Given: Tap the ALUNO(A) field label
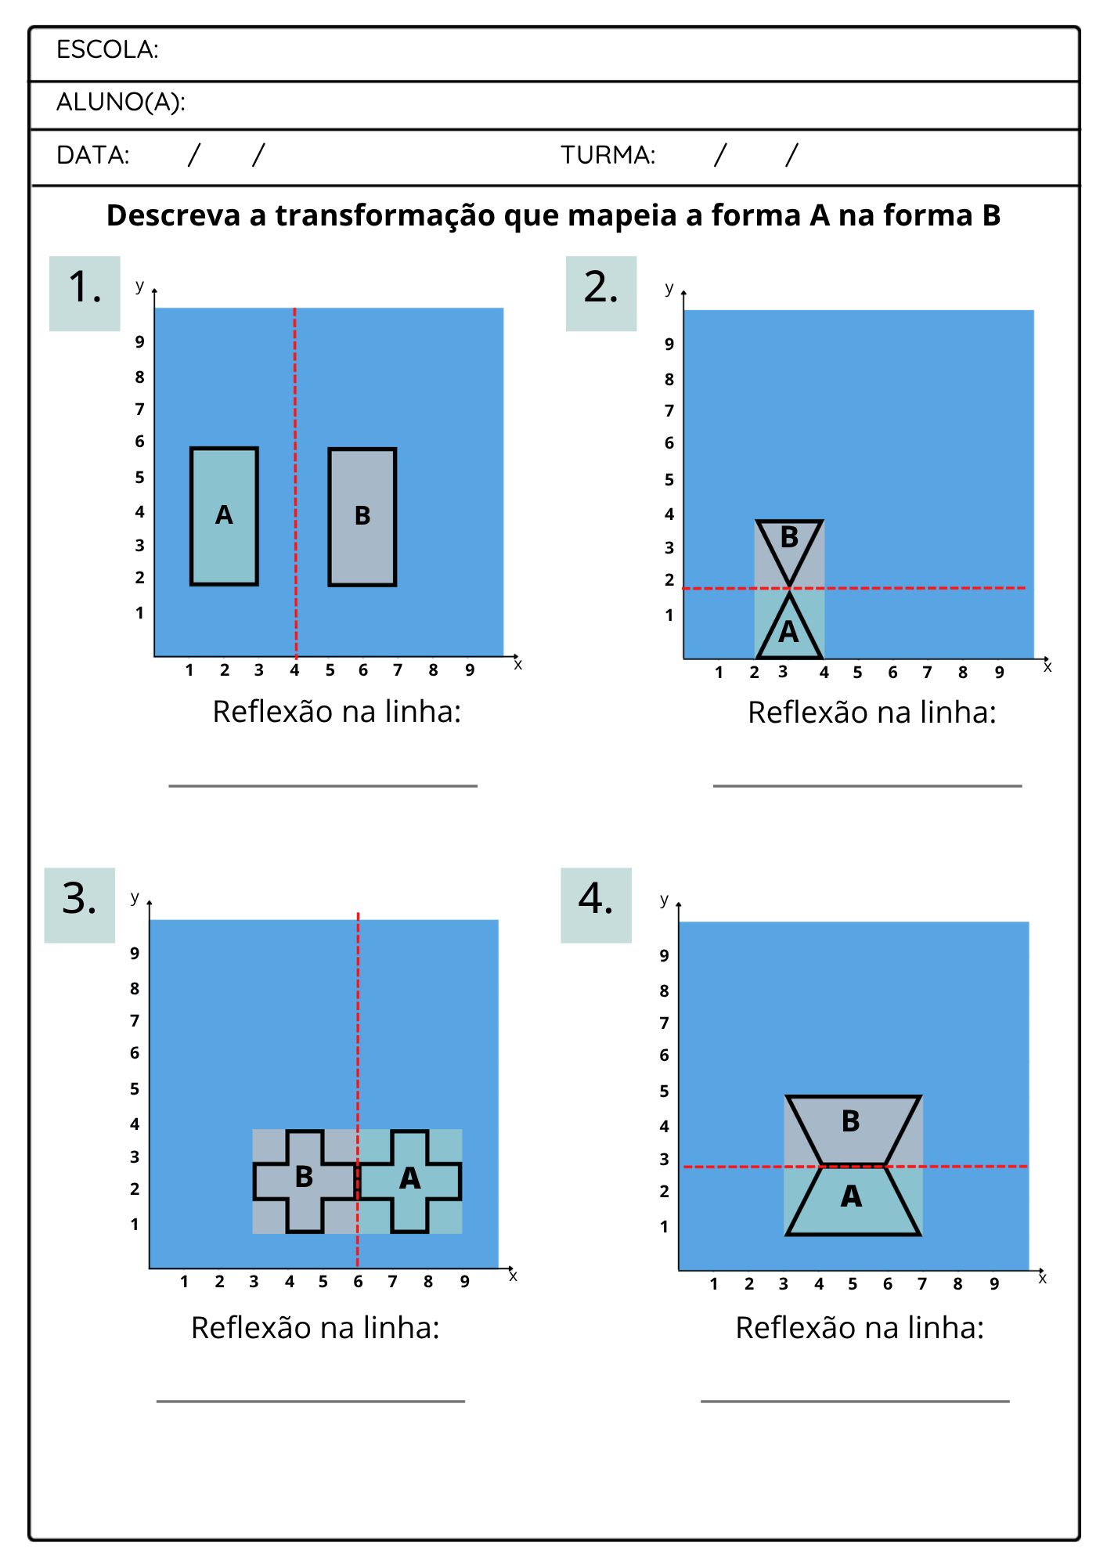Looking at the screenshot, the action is [x=121, y=102].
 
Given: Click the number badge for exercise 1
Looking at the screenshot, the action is [x=85, y=294].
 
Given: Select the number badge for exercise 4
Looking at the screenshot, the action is [x=596, y=905].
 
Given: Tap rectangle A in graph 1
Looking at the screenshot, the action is [x=224, y=516].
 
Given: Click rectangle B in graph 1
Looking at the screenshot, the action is [x=362, y=517].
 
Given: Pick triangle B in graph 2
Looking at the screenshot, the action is [x=789, y=544].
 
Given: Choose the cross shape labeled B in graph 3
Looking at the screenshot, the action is [x=305, y=1181].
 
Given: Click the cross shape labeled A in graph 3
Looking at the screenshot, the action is [x=409, y=1181].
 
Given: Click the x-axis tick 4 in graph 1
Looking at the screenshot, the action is [x=294, y=670].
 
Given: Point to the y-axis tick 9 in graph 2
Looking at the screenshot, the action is [x=669, y=344].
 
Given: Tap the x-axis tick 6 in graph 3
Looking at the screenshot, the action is [x=358, y=1282].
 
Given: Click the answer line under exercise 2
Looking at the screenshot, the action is [x=867, y=785].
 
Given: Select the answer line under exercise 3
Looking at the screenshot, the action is [x=311, y=1401].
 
